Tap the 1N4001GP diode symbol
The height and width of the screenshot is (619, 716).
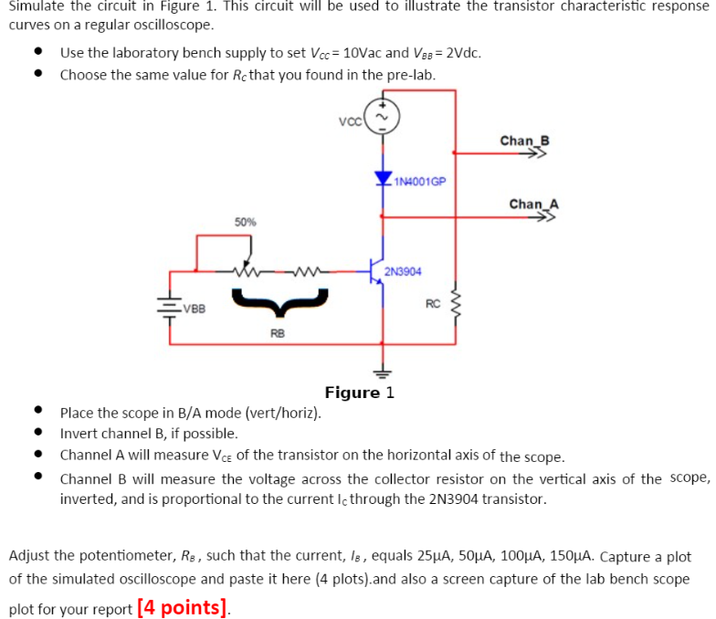pyautogui.click(x=382, y=178)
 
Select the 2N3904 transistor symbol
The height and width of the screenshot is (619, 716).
pyautogui.click(x=375, y=270)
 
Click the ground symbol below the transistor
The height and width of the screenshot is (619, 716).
pyautogui.click(x=382, y=372)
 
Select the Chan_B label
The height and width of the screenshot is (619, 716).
pyautogui.click(x=525, y=141)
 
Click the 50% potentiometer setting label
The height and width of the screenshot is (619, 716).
pyautogui.click(x=246, y=222)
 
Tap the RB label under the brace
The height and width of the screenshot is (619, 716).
pyautogui.click(x=277, y=334)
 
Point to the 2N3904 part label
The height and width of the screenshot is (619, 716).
pyautogui.click(x=404, y=271)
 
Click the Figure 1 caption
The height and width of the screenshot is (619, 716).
pyautogui.click(x=359, y=393)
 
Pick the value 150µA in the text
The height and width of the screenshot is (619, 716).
pyautogui.click(x=563, y=556)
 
